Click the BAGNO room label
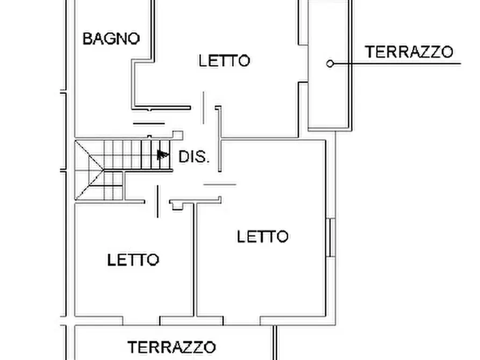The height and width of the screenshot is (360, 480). tap(111, 39)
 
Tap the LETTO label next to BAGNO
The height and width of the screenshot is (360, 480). tap(224, 60)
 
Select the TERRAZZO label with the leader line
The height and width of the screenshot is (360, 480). tap(409, 52)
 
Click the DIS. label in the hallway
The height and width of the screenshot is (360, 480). tap(194, 157)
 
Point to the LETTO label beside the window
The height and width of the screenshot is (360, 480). tap(262, 236)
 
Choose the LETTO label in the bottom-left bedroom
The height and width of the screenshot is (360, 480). tap(133, 260)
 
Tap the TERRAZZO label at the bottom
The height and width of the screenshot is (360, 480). tap(172, 347)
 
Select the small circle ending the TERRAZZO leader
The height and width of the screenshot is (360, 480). tap(330, 63)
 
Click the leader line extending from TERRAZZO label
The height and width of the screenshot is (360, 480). tap(398, 63)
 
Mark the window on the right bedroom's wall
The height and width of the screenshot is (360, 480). tap(332, 237)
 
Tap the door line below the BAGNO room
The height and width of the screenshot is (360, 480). tap(148, 123)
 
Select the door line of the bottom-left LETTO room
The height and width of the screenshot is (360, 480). tap(157, 201)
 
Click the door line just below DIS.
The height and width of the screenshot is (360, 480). tap(219, 184)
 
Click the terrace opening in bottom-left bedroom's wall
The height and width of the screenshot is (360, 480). tap(141, 321)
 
